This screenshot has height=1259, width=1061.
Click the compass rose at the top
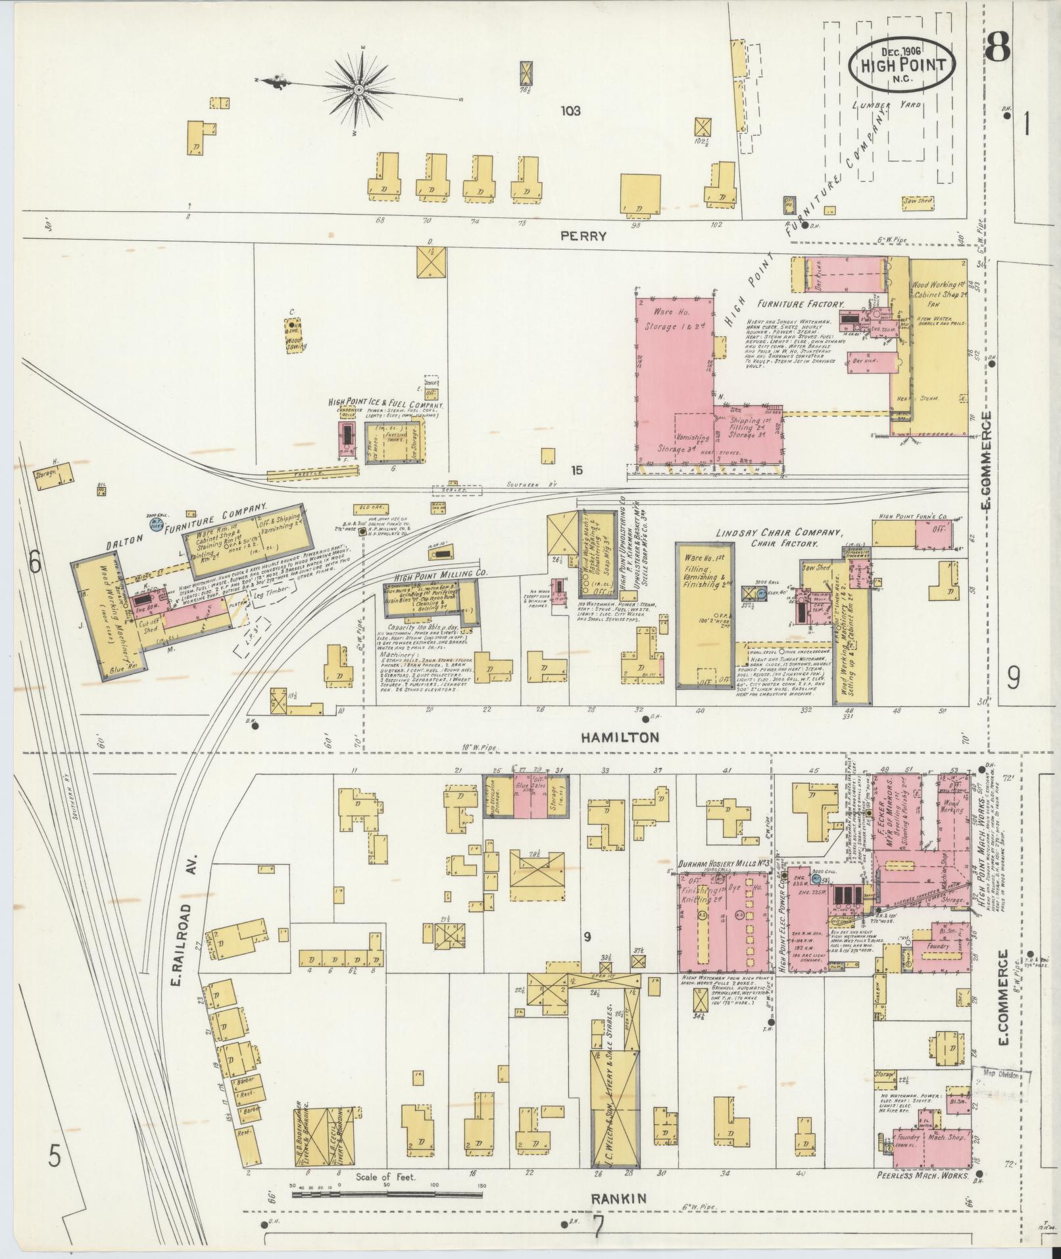point(360,89)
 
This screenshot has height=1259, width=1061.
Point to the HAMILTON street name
point(619,737)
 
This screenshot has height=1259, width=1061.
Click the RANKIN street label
point(611,1199)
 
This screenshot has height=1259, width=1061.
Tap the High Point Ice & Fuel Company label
point(385,404)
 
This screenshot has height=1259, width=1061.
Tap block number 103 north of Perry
point(571,111)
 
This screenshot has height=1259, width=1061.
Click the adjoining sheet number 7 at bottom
point(598,1226)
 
